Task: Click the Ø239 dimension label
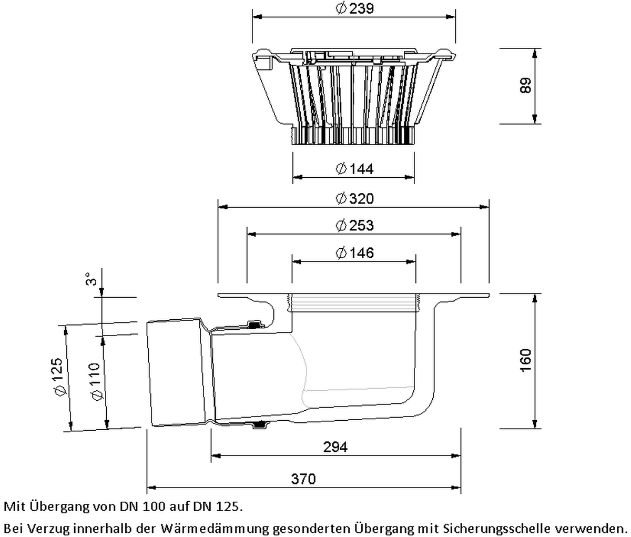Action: (x=355, y=8)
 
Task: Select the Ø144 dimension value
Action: (x=355, y=169)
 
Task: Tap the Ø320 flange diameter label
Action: (x=355, y=198)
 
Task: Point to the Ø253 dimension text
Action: (x=355, y=225)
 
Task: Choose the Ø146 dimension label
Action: (x=355, y=253)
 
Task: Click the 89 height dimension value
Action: (x=525, y=86)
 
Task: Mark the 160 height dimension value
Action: (x=525, y=360)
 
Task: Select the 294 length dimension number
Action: (x=335, y=448)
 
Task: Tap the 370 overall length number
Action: (x=303, y=479)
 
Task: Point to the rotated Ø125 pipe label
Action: (x=58, y=377)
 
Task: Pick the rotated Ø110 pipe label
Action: (x=96, y=382)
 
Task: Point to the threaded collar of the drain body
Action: (x=354, y=303)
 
